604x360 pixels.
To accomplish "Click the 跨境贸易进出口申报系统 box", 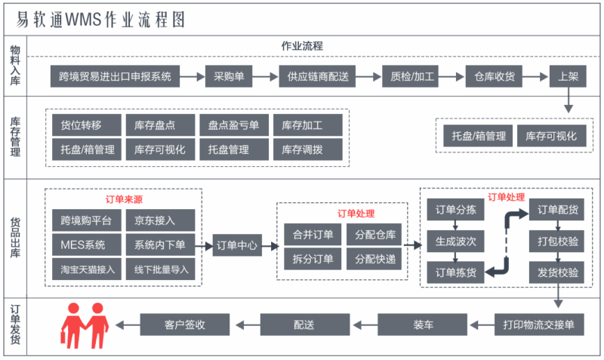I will (115, 76).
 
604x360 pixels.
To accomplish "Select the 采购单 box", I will (229, 76).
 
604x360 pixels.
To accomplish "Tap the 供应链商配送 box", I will (318, 76).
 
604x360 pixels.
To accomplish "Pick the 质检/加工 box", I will (412, 76).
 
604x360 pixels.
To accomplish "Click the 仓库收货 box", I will (495, 76).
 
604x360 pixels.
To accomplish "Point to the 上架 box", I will (568, 76).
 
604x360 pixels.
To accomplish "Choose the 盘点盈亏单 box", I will (233, 125).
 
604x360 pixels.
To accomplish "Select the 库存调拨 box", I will (302, 149).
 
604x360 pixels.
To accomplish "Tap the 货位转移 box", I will (81, 125).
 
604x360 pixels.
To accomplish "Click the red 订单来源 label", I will (124, 199).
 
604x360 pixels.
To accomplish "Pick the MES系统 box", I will (83, 245).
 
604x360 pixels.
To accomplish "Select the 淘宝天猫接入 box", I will (88, 269).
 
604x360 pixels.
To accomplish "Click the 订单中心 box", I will (236, 245).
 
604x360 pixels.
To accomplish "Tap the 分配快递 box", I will (375, 259).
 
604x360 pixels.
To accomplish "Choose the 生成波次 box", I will (456, 242).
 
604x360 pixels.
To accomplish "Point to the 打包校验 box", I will (558, 242).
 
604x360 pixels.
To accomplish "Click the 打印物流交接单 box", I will (538, 325).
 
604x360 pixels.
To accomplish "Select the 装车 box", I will (423, 325).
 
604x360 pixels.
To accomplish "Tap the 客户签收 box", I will (185, 325).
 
